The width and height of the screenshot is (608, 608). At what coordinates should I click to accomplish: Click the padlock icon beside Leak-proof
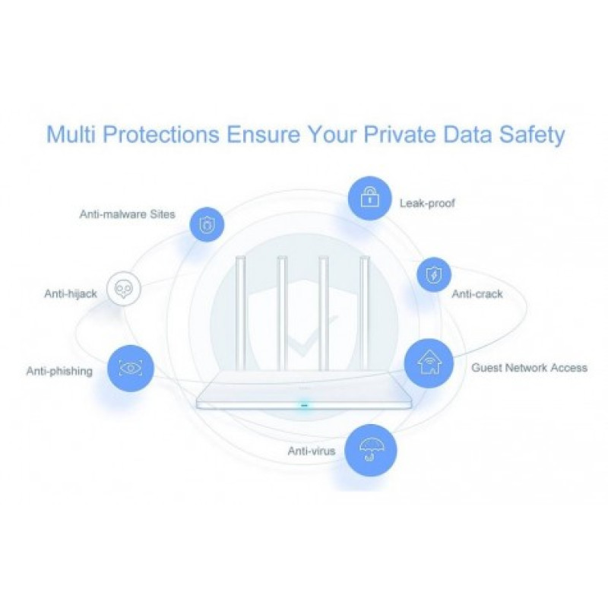[x=369, y=199]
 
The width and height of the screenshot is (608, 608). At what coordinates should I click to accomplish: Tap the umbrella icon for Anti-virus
[x=372, y=450]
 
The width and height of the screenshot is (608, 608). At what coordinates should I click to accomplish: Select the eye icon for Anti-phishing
[x=131, y=369]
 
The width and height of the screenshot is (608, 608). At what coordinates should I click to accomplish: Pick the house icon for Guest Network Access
[x=429, y=363]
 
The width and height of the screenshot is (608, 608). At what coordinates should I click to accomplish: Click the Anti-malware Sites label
[x=127, y=214]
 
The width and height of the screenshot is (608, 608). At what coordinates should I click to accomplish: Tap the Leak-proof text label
[x=427, y=204]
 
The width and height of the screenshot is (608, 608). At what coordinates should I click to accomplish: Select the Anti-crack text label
[x=477, y=294]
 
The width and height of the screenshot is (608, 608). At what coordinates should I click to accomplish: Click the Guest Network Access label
[x=529, y=368]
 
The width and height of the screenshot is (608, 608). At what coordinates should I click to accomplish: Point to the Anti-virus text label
[x=311, y=451]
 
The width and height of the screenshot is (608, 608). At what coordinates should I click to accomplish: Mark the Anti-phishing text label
[x=59, y=372]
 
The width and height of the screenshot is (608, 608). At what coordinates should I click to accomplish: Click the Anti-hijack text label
[x=70, y=293]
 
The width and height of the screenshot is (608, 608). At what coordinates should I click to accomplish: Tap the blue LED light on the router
[x=305, y=404]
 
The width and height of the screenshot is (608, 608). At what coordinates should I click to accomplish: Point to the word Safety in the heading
[x=529, y=135]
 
